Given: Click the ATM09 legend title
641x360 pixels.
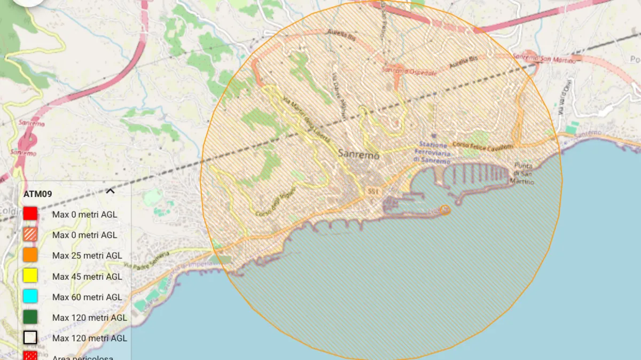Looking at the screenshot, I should click(37, 194).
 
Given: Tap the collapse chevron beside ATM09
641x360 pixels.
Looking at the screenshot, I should click(111, 191).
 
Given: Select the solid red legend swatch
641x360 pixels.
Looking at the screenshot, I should click(30, 214).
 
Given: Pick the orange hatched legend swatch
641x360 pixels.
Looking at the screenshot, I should click(30, 235).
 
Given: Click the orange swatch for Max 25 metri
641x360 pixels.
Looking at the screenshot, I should click(30, 256).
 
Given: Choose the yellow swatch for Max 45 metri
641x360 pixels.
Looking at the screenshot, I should click(30, 276).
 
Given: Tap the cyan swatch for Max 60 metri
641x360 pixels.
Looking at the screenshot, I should click(30, 297).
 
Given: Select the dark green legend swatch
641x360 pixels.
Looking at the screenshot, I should click(30, 317).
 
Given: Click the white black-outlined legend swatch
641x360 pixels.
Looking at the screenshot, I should click(30, 338).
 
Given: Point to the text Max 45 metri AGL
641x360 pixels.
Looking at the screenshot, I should click(87, 277).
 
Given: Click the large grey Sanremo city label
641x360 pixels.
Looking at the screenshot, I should click(358, 154).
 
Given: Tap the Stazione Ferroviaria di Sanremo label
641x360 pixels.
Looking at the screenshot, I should click(432, 153).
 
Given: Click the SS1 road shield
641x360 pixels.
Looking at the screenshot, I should click(372, 191).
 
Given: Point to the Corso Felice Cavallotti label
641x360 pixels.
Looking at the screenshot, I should click(482, 145).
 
